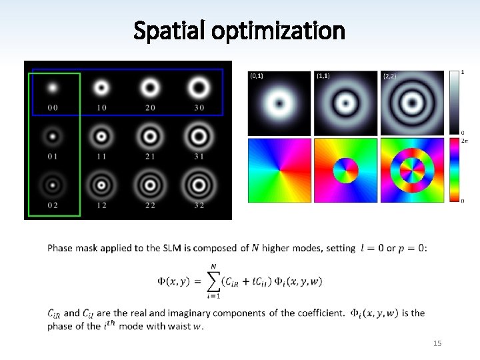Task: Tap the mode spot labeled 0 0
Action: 52,87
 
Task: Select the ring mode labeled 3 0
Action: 199,87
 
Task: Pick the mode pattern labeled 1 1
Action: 101,137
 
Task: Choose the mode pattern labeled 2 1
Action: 150,137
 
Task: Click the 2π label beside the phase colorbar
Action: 464,141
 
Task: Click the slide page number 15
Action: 437,343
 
